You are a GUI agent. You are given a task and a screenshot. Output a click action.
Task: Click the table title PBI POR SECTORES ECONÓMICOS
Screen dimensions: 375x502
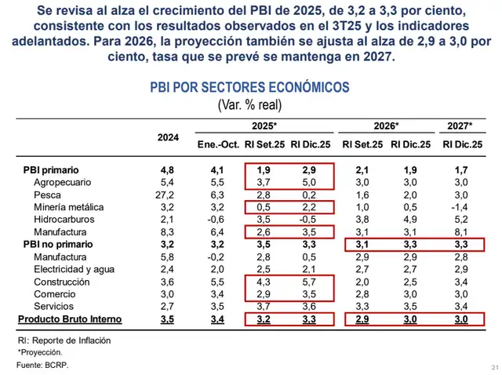pos(249,88)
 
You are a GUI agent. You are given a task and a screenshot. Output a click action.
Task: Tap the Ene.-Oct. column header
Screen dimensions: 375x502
pos(217,144)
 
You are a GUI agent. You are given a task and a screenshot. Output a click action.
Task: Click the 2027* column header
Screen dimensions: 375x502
pos(460,126)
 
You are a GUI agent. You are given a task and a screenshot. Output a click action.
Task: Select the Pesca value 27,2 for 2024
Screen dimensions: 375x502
pos(168,195)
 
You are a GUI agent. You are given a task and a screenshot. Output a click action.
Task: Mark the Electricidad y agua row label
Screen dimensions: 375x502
pos(70,270)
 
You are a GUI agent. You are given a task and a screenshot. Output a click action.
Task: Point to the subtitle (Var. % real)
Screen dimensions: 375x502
pos(249,104)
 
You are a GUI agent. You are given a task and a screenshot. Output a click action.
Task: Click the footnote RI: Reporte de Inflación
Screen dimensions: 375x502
pos(64,340)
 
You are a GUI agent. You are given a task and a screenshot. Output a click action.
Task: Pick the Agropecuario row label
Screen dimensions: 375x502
pos(62,182)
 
